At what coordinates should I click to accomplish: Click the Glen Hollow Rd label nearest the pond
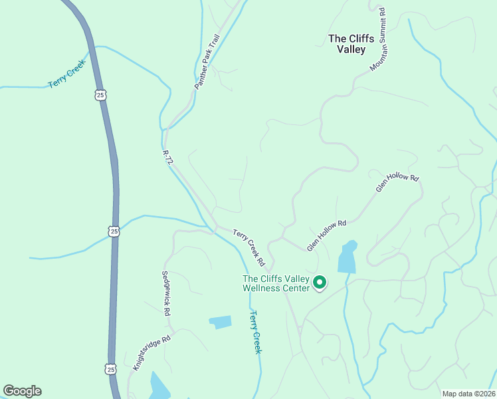click(x=327, y=235)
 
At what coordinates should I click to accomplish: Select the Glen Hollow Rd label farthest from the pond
click(x=398, y=184)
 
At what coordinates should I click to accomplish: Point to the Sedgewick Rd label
click(x=167, y=292)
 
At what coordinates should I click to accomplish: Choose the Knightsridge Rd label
click(x=151, y=352)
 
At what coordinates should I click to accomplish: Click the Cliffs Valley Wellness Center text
click(x=276, y=283)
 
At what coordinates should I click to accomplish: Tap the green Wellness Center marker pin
click(x=320, y=283)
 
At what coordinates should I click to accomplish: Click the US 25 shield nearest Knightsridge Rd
click(x=111, y=368)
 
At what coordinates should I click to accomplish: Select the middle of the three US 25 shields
click(x=114, y=231)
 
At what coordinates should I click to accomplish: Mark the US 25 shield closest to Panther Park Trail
click(x=99, y=95)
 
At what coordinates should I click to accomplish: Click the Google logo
click(x=22, y=391)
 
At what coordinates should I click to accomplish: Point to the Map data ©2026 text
click(x=468, y=394)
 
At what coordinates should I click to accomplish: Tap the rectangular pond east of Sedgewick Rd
click(x=221, y=323)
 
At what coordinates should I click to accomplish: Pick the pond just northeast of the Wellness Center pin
click(x=347, y=258)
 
